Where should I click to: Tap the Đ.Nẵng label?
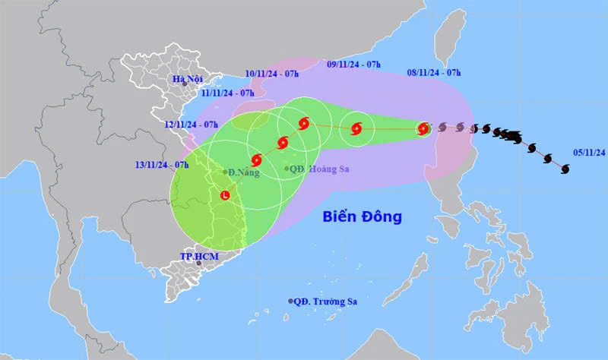click(x=243, y=172)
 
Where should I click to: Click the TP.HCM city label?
click(x=198, y=257)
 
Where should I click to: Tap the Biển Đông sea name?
click(x=361, y=217)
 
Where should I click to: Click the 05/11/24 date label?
click(x=590, y=153)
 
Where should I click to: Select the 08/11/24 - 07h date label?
click(x=434, y=73)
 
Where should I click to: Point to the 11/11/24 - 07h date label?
click(x=226, y=93)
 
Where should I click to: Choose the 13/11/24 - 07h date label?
click(x=162, y=164)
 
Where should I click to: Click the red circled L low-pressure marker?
click(x=226, y=196)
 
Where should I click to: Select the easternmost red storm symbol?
click(x=423, y=129)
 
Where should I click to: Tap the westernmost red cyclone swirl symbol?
click(x=256, y=160)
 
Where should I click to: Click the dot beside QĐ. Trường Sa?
click(x=290, y=302)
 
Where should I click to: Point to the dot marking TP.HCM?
click(x=199, y=264)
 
